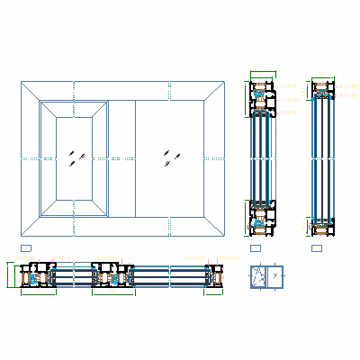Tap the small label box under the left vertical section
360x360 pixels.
pos(256,247)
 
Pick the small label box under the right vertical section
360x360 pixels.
pos(316,247)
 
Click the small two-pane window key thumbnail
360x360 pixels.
pos(266,277)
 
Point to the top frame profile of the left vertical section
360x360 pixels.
pos(262,98)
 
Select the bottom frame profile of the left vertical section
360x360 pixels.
pos(262,216)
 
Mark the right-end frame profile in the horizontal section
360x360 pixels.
pos(214,275)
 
